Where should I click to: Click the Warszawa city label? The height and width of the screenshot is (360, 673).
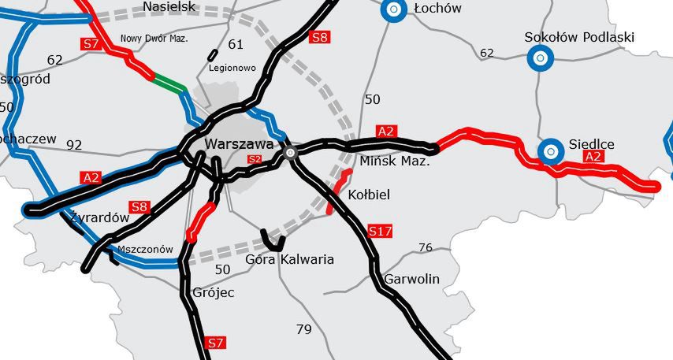coord(239,144)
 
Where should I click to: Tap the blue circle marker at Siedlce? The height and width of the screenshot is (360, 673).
coord(551,151)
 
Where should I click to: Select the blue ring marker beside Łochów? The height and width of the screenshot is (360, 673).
coord(392,10)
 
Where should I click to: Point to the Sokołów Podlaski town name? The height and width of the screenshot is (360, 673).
coord(579,37)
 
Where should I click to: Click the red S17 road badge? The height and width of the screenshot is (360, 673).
coord(380,231)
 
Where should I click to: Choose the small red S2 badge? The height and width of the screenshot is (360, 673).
coord(254,159)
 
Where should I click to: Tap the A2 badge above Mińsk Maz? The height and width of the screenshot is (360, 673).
coord(385,131)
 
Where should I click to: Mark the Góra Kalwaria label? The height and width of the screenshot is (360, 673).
coord(290,259)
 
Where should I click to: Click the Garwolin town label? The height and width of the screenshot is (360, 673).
coord(411,279)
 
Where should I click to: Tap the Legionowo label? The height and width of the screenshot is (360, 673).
coord(232,68)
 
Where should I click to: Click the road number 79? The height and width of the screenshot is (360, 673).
coord(304,329)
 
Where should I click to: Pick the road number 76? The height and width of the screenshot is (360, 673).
coord(426,247)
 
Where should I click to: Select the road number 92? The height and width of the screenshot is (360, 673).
coord(74,144)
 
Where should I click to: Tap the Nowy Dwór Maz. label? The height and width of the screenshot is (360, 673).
coord(154,38)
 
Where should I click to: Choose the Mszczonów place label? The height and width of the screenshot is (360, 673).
coord(144,249)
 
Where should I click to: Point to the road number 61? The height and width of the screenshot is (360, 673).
coord(236,43)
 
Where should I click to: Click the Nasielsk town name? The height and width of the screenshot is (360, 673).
coord(169,7)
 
